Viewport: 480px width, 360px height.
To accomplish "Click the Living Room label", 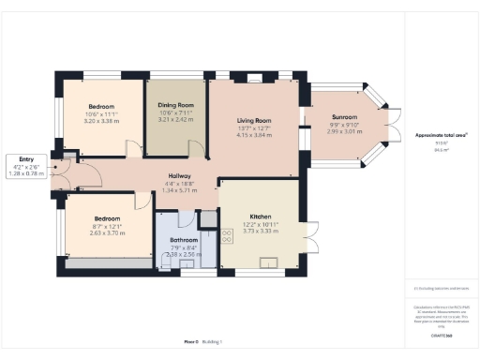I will pyautogui.click(x=253, y=119).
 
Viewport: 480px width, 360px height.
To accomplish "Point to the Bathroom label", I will pyautogui.click(x=184, y=239).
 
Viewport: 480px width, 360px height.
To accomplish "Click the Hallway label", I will pyautogui.click(x=180, y=175).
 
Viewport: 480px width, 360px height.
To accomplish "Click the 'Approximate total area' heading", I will pyautogui.click(x=442, y=135).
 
